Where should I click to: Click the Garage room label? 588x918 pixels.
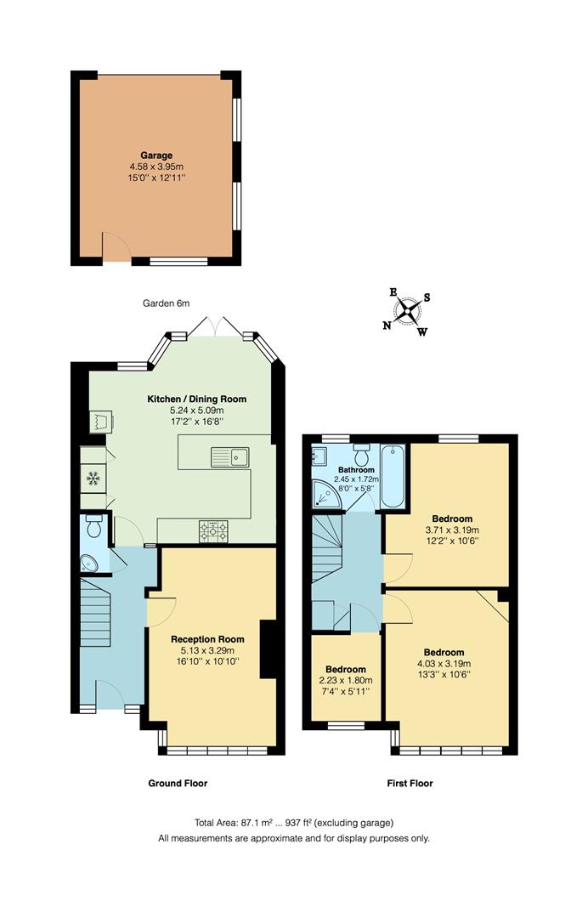click(x=156, y=156)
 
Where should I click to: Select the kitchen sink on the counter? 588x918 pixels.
click(x=230, y=457)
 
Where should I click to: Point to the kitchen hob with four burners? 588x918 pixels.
click(x=214, y=531)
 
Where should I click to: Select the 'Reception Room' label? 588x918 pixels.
click(x=207, y=639)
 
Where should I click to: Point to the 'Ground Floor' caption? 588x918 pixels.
click(x=178, y=783)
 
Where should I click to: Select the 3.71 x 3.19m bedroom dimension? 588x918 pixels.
click(x=451, y=530)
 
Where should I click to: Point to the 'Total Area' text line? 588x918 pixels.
click(x=294, y=822)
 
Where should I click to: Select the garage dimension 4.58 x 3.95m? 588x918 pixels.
click(x=156, y=167)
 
